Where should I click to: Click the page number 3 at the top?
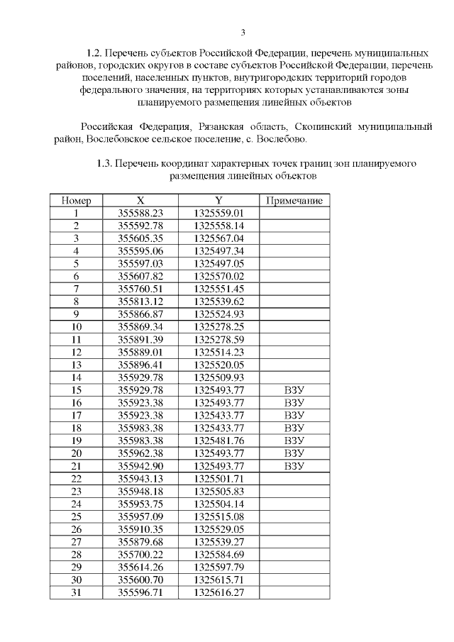(243, 32)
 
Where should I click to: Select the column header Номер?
(76, 201)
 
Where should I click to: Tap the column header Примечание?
(294, 201)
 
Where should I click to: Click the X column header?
(140, 201)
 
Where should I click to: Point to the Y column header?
(218, 201)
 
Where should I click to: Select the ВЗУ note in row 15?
(294, 389)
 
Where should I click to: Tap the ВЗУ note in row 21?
(294, 465)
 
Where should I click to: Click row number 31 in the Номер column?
(76, 591)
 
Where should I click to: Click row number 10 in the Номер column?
(76, 326)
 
